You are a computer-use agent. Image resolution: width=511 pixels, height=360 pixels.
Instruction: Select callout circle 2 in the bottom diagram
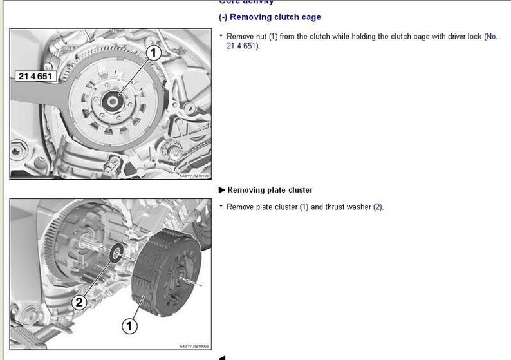click(78, 301)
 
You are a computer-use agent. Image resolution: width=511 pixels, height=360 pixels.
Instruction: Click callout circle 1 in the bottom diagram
click(129, 327)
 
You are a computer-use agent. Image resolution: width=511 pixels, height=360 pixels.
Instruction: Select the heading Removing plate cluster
click(270, 190)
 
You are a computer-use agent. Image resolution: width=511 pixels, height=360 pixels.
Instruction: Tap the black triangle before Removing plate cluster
click(222, 190)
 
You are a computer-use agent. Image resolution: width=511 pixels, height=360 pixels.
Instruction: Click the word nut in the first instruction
click(261, 37)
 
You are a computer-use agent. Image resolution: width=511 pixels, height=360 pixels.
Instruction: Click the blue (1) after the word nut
click(273, 37)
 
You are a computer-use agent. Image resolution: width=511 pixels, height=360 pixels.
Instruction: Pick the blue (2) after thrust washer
click(378, 207)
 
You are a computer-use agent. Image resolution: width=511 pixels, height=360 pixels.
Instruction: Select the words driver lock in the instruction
click(463, 37)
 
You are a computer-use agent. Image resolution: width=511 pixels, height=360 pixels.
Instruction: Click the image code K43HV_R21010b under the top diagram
click(194, 175)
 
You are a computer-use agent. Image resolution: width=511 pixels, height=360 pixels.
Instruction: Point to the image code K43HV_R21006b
click(194, 346)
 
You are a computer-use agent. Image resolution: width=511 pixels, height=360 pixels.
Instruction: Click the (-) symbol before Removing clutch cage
click(223, 17)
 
